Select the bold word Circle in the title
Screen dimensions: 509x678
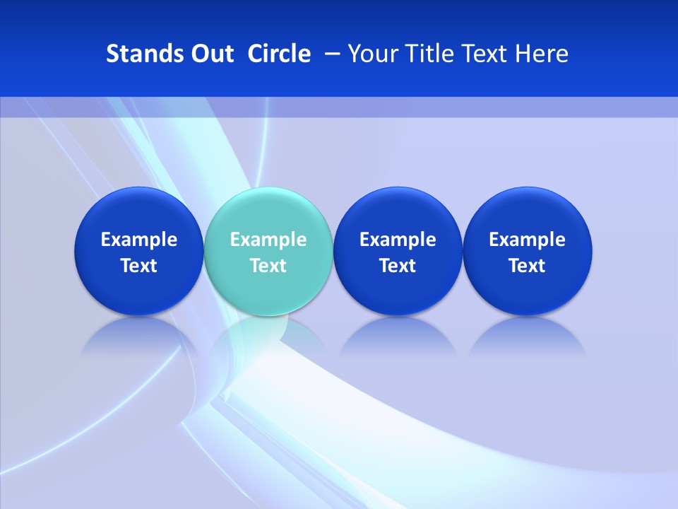tap(279, 54)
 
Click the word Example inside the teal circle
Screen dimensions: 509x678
tap(268, 240)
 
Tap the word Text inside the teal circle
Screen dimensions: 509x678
tap(268, 266)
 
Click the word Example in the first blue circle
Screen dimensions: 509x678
tap(139, 240)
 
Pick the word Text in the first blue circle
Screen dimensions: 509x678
tap(139, 266)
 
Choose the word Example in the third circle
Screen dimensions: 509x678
tap(398, 240)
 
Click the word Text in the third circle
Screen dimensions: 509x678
tap(398, 266)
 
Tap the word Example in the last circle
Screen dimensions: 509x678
tap(528, 240)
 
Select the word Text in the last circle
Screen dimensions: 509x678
tap(528, 266)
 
